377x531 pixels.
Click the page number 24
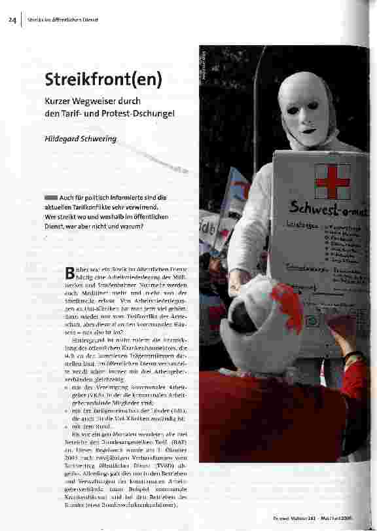tap(12, 20)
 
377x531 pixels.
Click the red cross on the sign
tap(332, 181)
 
